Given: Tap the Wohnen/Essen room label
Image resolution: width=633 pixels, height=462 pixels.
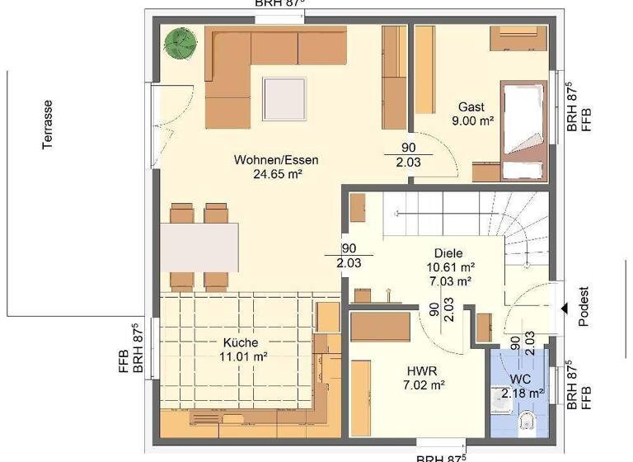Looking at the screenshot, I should [x=275, y=160].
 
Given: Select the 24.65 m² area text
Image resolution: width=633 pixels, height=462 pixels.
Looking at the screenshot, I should [x=275, y=173].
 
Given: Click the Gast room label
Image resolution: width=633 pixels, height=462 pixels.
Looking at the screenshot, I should [x=471, y=107].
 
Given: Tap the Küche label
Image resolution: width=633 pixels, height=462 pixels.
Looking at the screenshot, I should [x=241, y=342].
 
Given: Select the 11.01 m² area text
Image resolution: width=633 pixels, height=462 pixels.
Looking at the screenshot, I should [x=241, y=356].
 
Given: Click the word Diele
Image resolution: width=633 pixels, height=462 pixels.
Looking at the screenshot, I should [x=450, y=253].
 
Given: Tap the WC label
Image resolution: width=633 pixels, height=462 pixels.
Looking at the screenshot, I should [x=520, y=379].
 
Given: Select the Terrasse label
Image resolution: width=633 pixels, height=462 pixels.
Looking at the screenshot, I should [x=49, y=124].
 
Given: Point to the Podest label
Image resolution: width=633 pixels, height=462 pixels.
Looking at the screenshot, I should [x=584, y=308].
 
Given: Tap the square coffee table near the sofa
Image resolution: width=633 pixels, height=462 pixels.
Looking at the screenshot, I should [x=288, y=97].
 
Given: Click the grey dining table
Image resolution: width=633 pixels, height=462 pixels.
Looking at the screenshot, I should [x=199, y=247].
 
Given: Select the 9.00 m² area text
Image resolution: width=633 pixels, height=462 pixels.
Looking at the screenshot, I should [x=472, y=121].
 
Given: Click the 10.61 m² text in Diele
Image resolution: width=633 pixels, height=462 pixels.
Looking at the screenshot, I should [x=450, y=267].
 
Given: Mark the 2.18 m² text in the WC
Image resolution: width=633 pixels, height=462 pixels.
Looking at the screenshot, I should [x=523, y=394].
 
